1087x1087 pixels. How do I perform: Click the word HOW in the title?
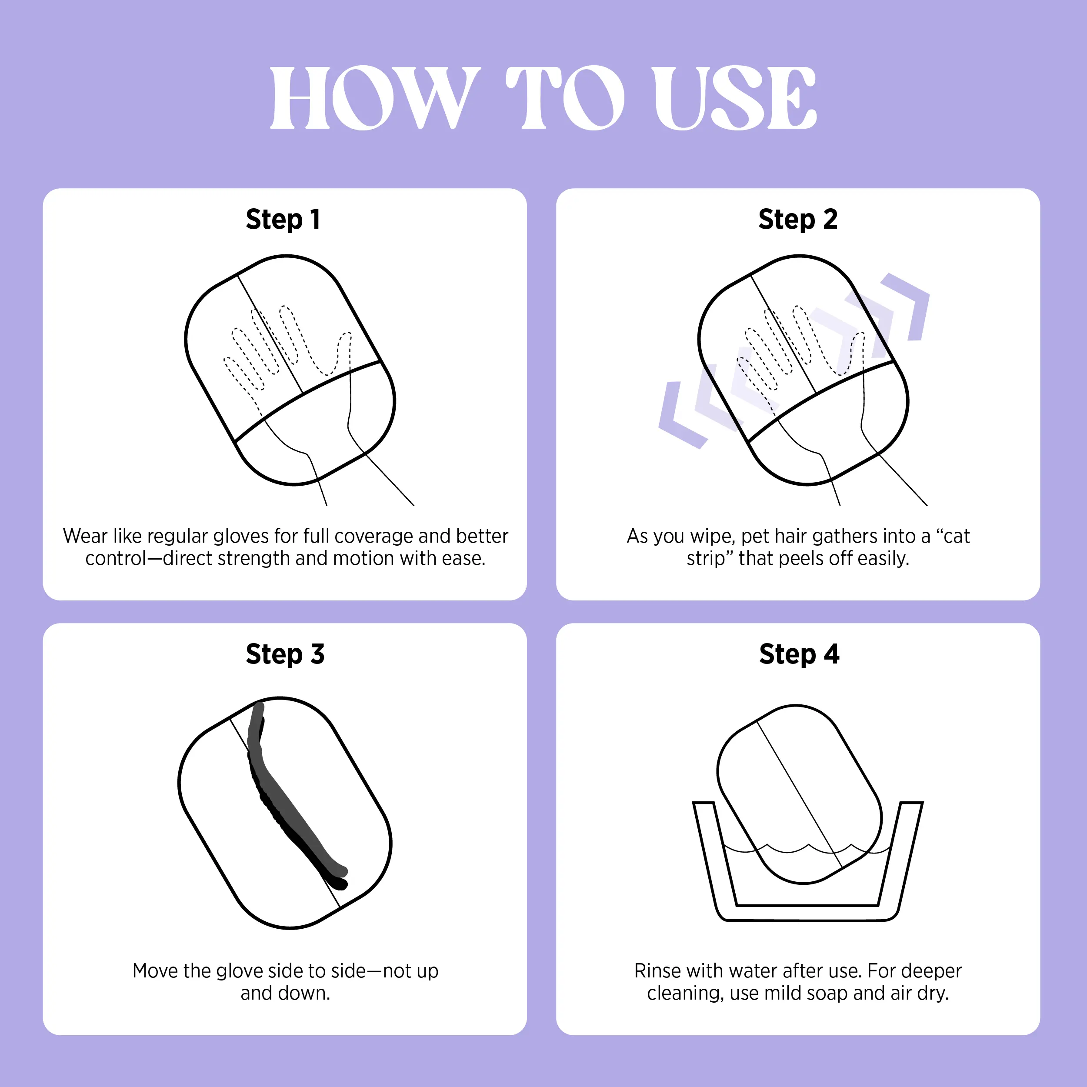(x=375, y=97)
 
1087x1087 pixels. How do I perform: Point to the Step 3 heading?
(x=285, y=654)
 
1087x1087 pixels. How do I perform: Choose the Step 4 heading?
(x=799, y=654)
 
